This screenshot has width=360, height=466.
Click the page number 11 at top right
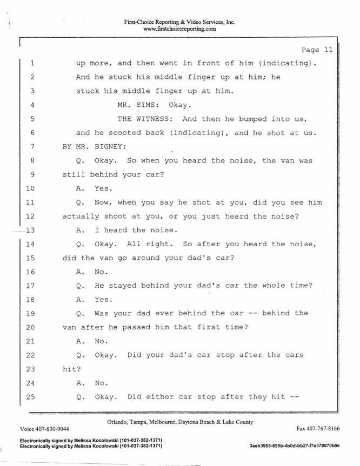coord(328,50)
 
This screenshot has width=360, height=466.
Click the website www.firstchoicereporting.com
coord(179,29)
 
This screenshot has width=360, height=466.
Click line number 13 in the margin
coord(30,230)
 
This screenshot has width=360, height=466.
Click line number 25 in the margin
coord(30,397)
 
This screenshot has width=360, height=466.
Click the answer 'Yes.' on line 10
coord(104,188)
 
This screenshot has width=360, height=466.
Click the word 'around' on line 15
coord(145,258)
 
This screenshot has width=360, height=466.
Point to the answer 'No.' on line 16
coord(101,272)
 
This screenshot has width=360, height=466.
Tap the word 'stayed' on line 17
coord(122,286)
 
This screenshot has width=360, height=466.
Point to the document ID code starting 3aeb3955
coord(295,445)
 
